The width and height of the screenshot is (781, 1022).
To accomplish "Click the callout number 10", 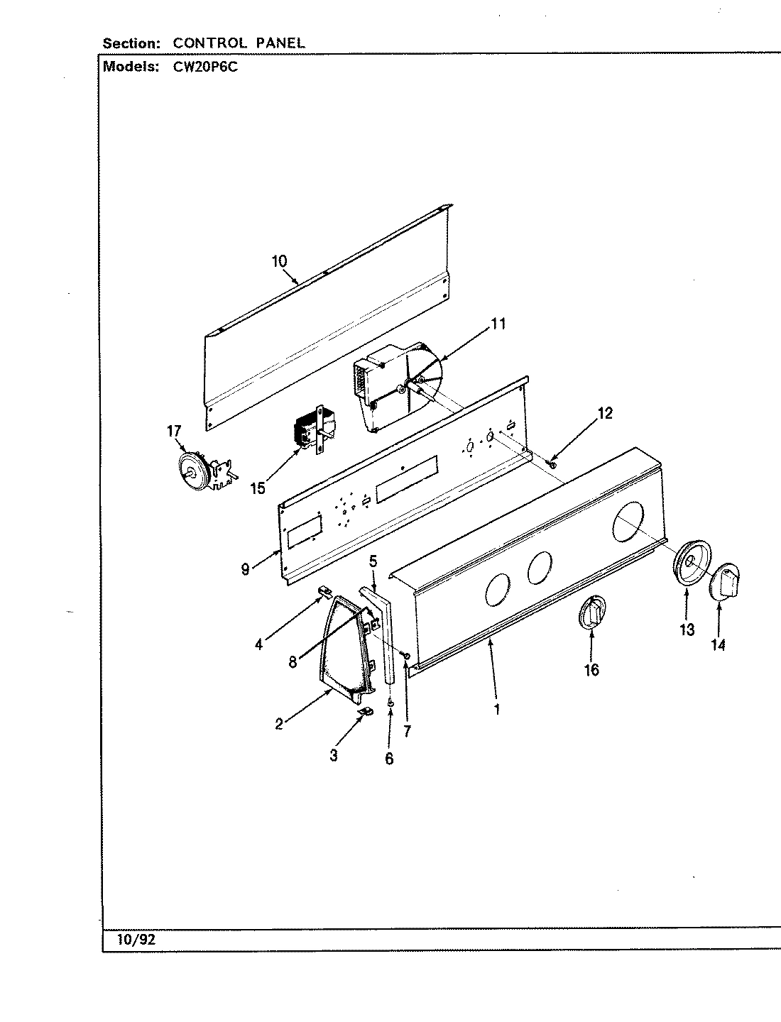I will [x=279, y=261].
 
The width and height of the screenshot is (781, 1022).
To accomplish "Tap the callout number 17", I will [x=174, y=432].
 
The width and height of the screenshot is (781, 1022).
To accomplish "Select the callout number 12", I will [x=604, y=413].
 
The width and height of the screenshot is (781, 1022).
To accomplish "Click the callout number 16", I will [x=591, y=669].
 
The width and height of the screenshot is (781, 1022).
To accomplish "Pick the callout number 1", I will [x=497, y=708].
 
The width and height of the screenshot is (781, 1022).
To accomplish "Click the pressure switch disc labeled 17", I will [x=191, y=469].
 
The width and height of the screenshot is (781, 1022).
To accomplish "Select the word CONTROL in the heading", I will [x=208, y=43].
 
